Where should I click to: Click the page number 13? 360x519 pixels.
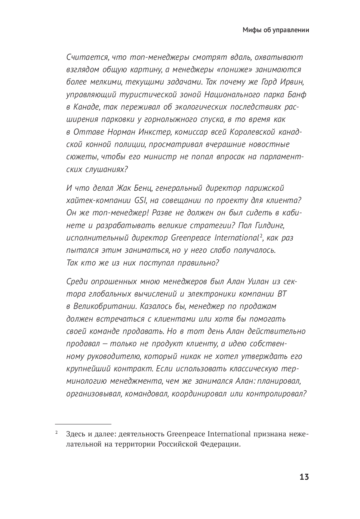pyautogui.click(x=304, y=477)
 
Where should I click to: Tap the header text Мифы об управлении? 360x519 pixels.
pyautogui.click(x=276, y=30)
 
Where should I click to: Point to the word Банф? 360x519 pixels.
pyautogui.click(x=297, y=94)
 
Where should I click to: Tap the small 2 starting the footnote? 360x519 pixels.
pyautogui.click(x=56, y=433)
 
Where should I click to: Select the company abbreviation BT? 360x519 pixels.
pyautogui.click(x=282, y=294)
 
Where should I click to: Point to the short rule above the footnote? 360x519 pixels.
pyautogui.click(x=83, y=424)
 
